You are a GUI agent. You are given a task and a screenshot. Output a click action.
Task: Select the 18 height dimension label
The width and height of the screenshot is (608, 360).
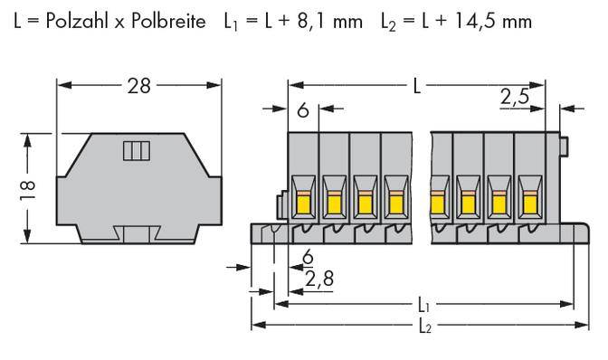pyautogui.click(x=27, y=188)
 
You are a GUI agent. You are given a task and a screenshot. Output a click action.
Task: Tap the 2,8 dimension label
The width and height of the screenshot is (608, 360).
pyautogui.click(x=319, y=278)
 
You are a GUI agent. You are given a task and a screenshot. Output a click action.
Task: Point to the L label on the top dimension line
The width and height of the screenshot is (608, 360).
pyautogui.click(x=415, y=87)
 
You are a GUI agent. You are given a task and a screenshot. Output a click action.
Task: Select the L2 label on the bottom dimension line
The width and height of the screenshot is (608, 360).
pyautogui.click(x=425, y=327)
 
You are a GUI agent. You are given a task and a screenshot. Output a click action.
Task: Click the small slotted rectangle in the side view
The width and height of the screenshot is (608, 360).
pyautogui.click(x=134, y=151)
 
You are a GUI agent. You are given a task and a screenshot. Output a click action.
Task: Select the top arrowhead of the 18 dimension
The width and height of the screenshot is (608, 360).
pyautogui.click(x=27, y=137)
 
